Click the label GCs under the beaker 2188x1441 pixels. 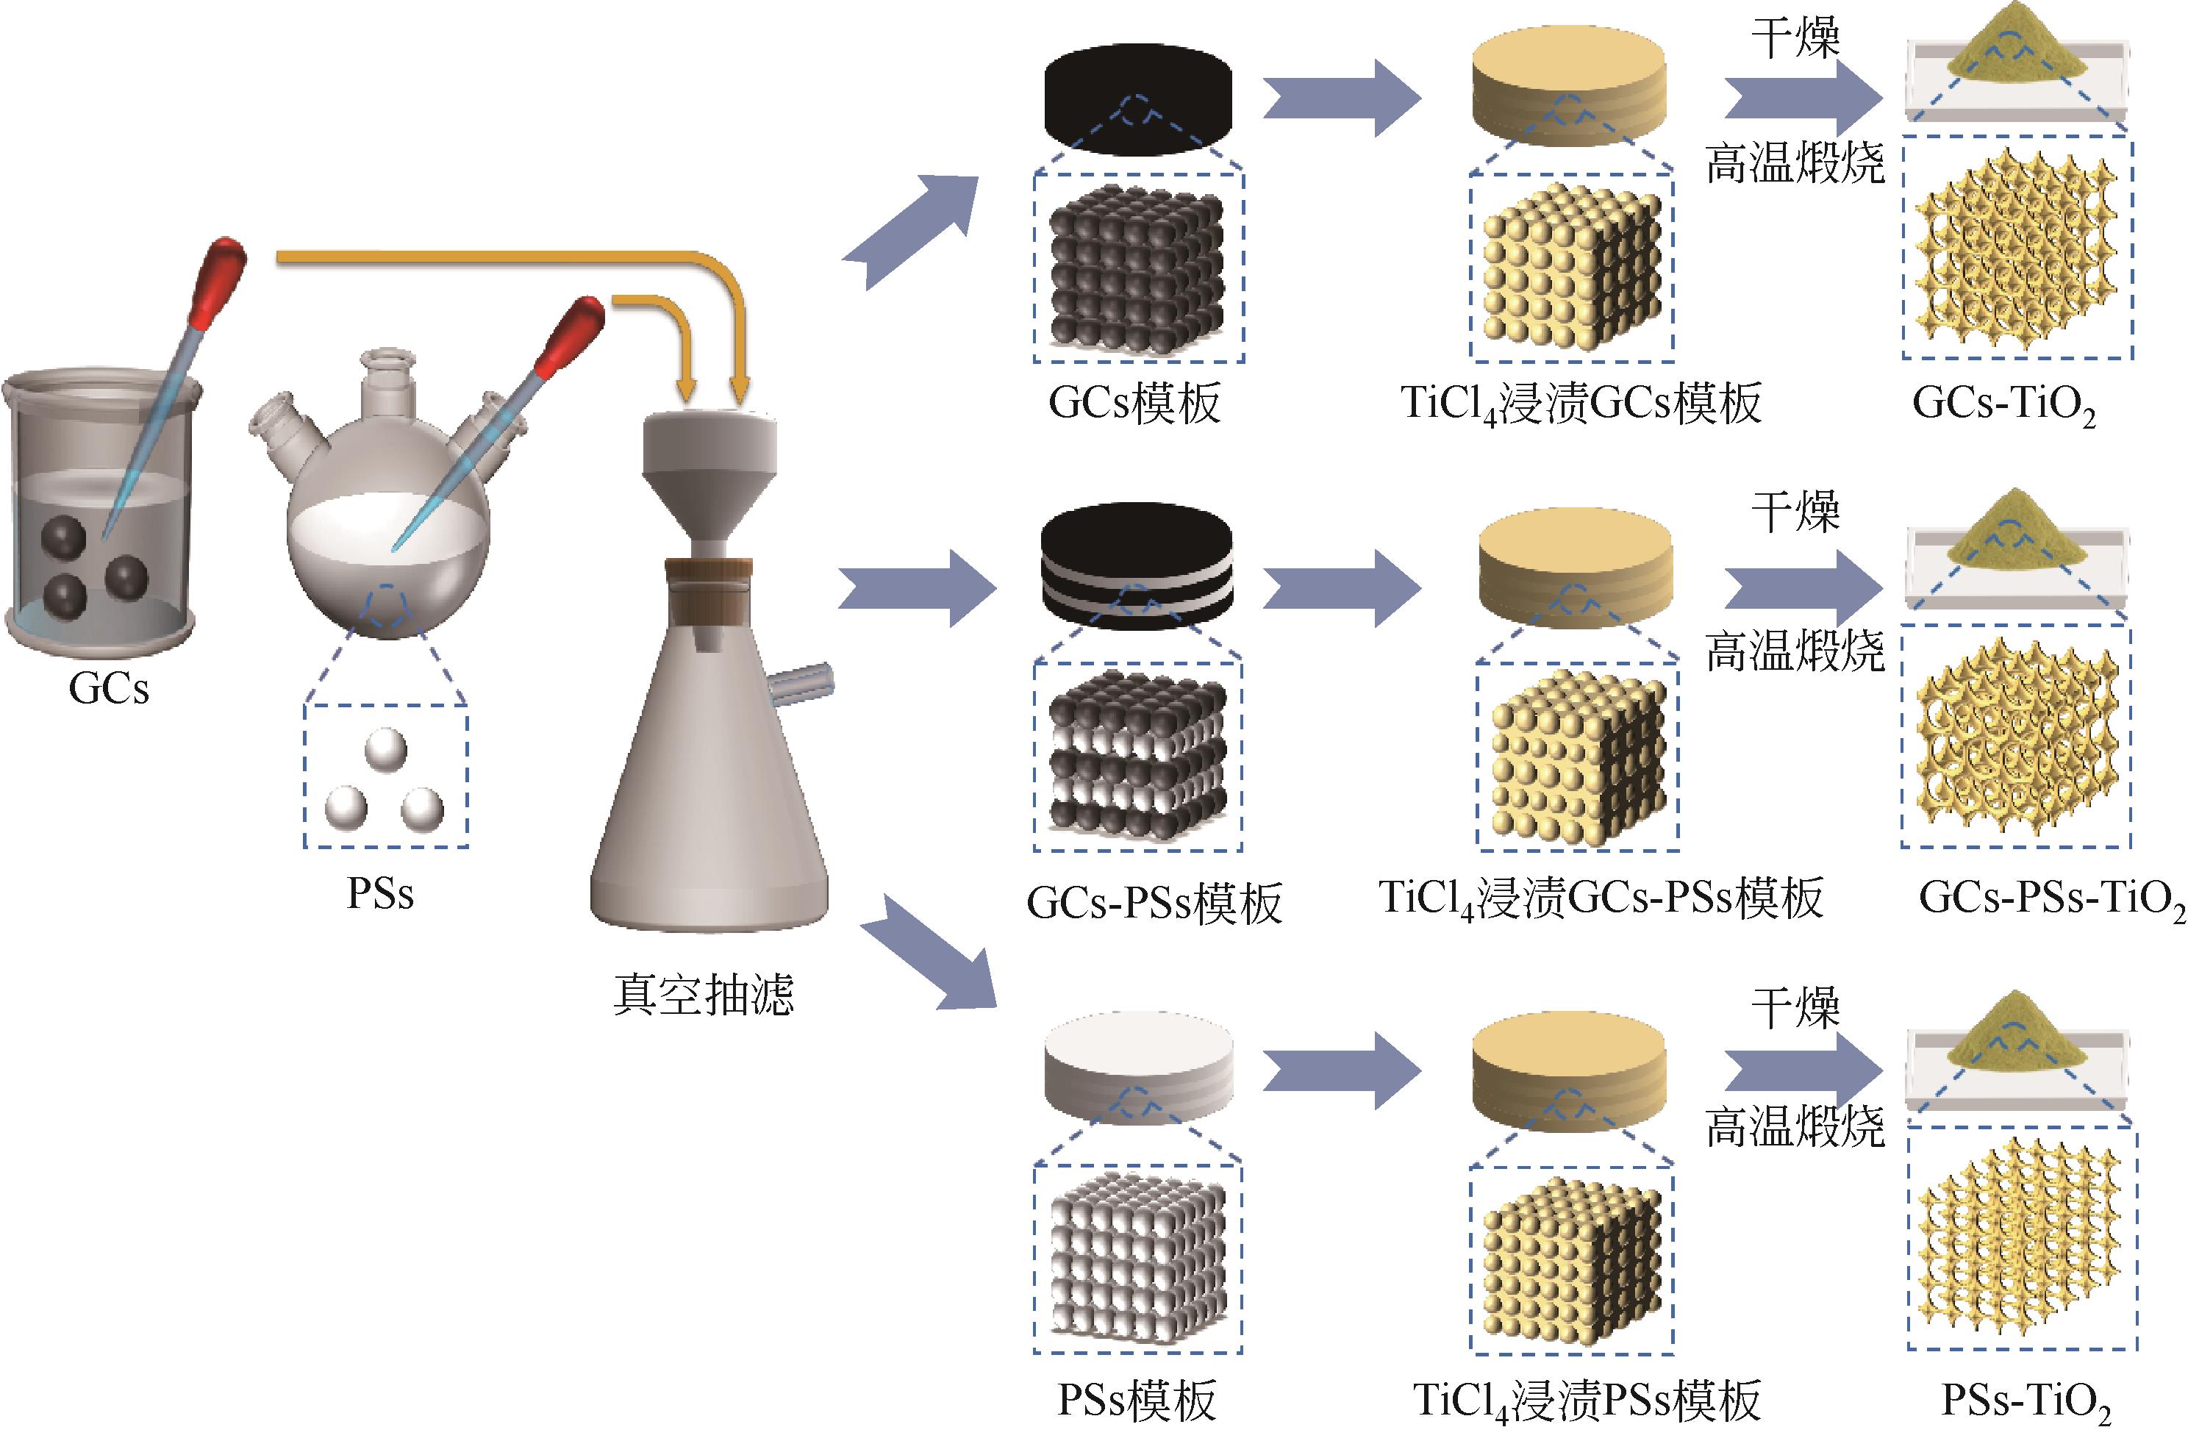(109, 689)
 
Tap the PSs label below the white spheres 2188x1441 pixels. (379, 893)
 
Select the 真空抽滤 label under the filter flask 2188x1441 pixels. (704, 995)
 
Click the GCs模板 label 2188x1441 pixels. (1134, 404)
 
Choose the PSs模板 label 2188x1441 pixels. (1137, 1401)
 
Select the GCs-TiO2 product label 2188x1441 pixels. (2004, 404)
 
